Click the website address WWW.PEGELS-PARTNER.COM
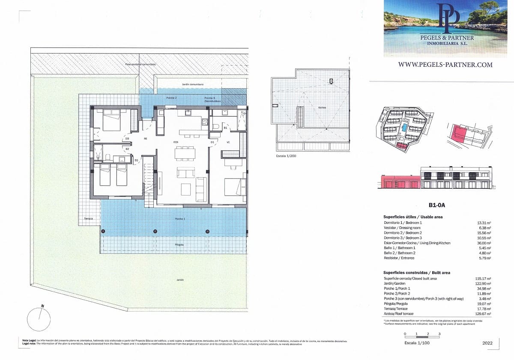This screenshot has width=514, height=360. pyautogui.click(x=445, y=65)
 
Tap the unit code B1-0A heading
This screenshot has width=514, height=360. pyautogui.click(x=436, y=205)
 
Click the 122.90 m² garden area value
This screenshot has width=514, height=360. pyautogui.click(x=484, y=283)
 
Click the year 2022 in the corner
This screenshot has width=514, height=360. pyautogui.click(x=487, y=343)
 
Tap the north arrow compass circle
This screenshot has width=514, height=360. pyautogui.click(x=39, y=319)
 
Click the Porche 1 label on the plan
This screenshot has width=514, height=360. pyautogui.click(x=180, y=219)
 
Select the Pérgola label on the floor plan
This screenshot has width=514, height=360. pyautogui.click(x=179, y=244)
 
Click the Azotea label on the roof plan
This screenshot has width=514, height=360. pyautogui.click(x=322, y=107)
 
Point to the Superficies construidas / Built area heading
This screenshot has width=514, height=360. pyautogui.click(x=416, y=273)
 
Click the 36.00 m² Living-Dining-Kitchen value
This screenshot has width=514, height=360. pyautogui.click(x=484, y=243)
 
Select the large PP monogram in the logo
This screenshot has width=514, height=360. pyautogui.click(x=448, y=17)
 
